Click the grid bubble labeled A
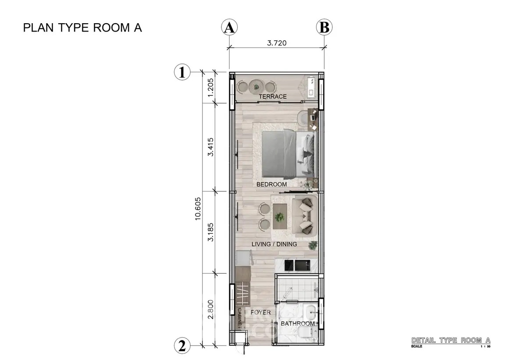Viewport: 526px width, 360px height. point(229,27)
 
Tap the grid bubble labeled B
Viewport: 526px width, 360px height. point(324,27)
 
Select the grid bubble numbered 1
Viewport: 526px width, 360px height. point(182,72)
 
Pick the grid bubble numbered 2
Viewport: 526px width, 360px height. point(182,346)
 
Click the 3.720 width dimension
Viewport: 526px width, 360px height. point(277,43)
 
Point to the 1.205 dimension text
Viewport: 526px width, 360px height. point(210,87)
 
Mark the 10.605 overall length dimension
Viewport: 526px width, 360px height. point(198,208)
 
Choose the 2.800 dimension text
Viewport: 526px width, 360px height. point(210,309)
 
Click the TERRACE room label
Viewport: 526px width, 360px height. point(273,96)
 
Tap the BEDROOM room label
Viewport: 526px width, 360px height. point(272,184)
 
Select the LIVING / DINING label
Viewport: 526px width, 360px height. point(274,244)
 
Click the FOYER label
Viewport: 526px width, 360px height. point(261,312)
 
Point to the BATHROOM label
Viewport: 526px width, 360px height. point(298,323)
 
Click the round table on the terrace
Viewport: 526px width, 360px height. point(256,87)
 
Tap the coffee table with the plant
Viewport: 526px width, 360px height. point(280,216)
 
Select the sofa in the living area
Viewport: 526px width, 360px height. point(305,216)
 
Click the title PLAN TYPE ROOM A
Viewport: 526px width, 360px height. point(82,28)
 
